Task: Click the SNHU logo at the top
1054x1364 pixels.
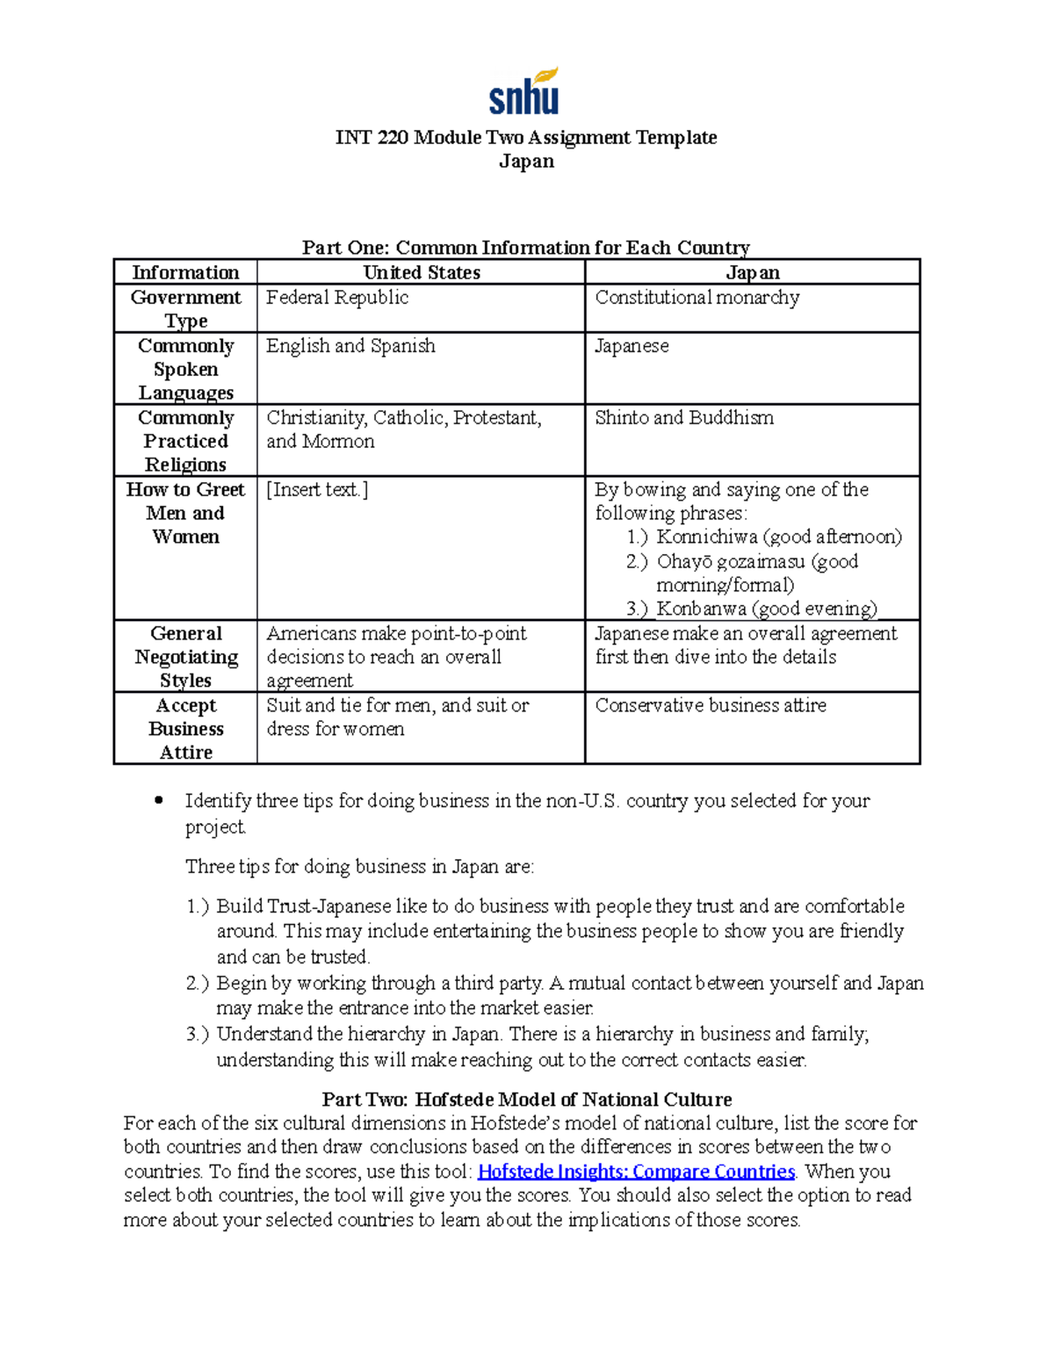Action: [x=524, y=92]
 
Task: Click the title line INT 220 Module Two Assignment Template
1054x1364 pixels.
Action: [x=526, y=137]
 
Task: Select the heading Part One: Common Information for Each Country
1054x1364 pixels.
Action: [x=525, y=247]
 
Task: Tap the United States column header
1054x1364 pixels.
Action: [x=422, y=272]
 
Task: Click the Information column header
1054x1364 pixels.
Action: [x=185, y=272]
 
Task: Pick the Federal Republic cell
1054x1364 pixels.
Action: [x=337, y=298]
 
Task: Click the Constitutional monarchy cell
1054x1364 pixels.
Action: [x=697, y=298]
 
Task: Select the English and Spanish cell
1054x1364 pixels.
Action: [x=350, y=346]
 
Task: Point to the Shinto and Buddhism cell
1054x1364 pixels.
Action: [x=684, y=418]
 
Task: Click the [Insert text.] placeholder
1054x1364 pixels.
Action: [x=317, y=490]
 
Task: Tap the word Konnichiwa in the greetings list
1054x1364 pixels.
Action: [x=707, y=537]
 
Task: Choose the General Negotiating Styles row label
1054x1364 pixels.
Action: [x=185, y=657]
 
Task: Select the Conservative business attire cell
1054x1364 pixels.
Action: [x=711, y=705]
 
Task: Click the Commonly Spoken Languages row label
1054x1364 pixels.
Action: [x=185, y=369]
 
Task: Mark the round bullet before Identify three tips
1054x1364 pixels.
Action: [x=159, y=800]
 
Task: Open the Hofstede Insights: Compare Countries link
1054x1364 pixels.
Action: [x=636, y=1172]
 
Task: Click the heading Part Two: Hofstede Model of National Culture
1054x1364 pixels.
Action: [x=526, y=1100]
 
